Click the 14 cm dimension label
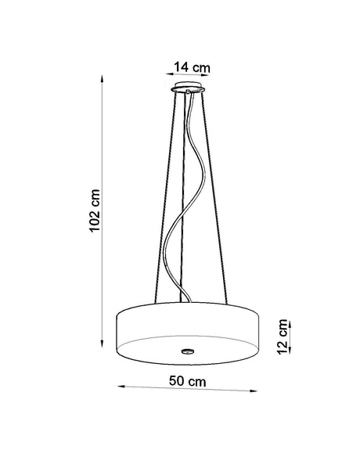pos(192,65)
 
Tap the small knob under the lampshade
pos(187,349)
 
